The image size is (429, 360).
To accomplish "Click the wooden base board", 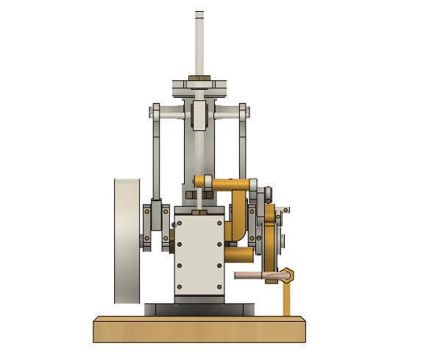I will (199, 329).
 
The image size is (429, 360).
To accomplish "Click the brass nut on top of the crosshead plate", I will (199, 78).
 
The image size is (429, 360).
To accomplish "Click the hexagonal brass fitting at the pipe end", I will (288, 275).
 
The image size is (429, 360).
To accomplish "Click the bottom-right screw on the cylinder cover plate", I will (219, 286).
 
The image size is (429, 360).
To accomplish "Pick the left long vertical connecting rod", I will (157, 158).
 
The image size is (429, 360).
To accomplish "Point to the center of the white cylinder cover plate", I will (199, 254).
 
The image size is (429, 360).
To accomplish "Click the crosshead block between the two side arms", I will (199, 116).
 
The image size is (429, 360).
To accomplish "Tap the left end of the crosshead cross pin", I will (155, 112).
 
